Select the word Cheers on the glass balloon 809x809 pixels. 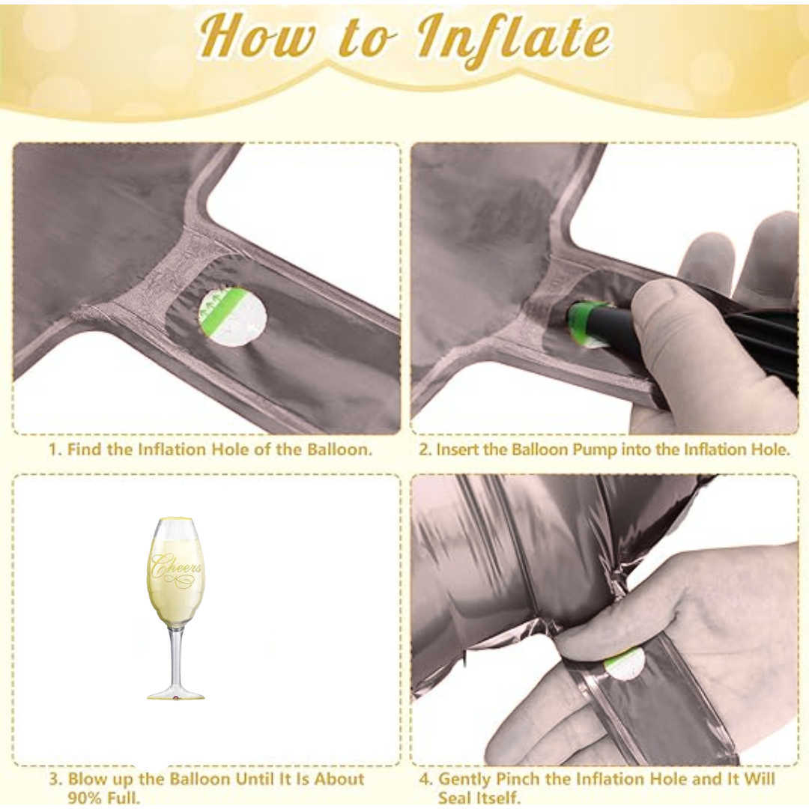(176, 568)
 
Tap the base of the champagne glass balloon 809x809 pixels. (175, 694)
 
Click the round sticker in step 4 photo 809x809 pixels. (625, 663)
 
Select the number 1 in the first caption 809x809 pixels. (53, 450)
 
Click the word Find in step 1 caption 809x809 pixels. (82, 450)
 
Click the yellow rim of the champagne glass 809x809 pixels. (176, 520)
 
